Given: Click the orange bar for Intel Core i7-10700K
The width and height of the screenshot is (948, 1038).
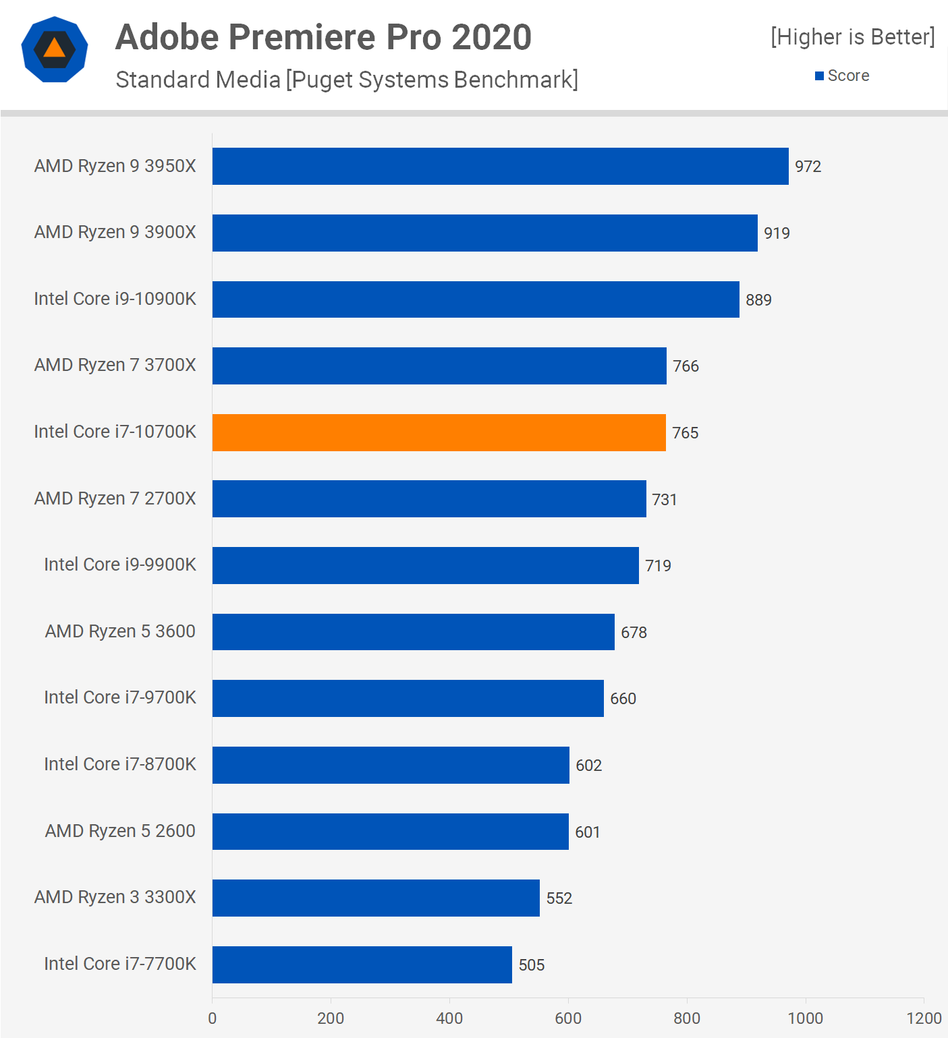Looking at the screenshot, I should pos(439,432).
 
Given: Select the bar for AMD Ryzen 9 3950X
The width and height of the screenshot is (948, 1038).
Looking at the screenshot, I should pos(500,166).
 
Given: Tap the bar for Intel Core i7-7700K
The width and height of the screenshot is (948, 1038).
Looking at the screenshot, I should pos(362,964).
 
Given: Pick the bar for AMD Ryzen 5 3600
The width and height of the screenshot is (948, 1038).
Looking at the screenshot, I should pos(413,632).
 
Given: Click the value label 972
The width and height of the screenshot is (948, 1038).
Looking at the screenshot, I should pos(808,167).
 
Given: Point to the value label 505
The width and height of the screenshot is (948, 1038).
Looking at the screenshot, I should pos(531,965).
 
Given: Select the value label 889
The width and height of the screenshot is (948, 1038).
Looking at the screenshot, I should pos(758,300).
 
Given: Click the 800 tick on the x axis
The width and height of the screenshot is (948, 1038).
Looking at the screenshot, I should pos(687,1018).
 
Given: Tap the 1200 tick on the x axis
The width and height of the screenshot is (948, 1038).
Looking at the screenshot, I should pos(924,1018).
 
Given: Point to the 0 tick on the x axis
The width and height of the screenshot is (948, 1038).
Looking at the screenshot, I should pos(213,1018).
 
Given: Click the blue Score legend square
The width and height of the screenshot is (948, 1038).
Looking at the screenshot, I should pos(819,76).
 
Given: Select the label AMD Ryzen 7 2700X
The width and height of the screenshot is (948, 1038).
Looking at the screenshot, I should pos(115,498).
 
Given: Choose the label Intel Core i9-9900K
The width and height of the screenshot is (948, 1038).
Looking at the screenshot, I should pos(119,565).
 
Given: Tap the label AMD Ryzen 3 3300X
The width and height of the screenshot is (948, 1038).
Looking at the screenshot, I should pos(115,897).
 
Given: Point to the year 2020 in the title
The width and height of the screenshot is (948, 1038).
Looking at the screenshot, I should pos(491,37).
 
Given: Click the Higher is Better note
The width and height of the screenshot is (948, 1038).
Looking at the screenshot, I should pos(853,36).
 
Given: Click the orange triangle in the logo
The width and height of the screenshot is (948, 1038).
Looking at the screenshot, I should pos(55,49).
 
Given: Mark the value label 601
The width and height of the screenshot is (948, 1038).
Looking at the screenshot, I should pos(587,832).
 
